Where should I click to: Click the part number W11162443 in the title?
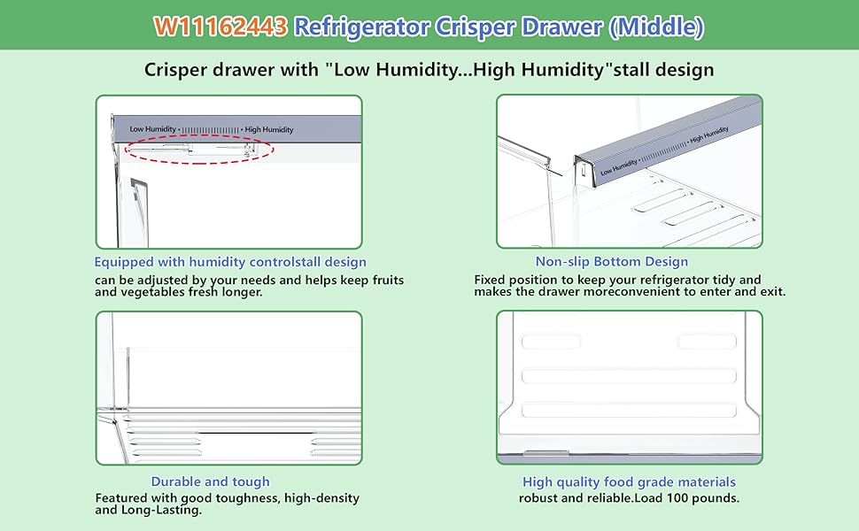click(221, 27)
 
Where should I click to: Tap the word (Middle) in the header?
click(657, 27)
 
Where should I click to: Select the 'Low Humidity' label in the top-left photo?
click(152, 129)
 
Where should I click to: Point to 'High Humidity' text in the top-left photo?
click(268, 129)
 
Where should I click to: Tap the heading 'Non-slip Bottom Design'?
click(611, 262)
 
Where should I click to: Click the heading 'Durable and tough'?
click(210, 481)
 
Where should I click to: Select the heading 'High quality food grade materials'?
click(629, 481)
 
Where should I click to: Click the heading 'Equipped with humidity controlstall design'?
click(230, 262)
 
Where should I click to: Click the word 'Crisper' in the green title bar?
click(476, 27)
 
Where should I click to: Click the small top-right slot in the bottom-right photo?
click(706, 342)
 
